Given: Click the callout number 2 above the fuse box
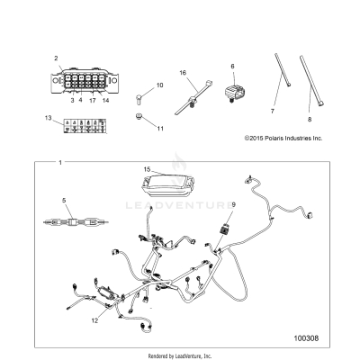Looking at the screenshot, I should click(x=56, y=58).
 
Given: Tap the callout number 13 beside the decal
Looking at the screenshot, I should click(x=48, y=118).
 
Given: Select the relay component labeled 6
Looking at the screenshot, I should click(x=232, y=93).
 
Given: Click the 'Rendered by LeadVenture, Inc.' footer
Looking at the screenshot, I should click(x=180, y=356).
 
